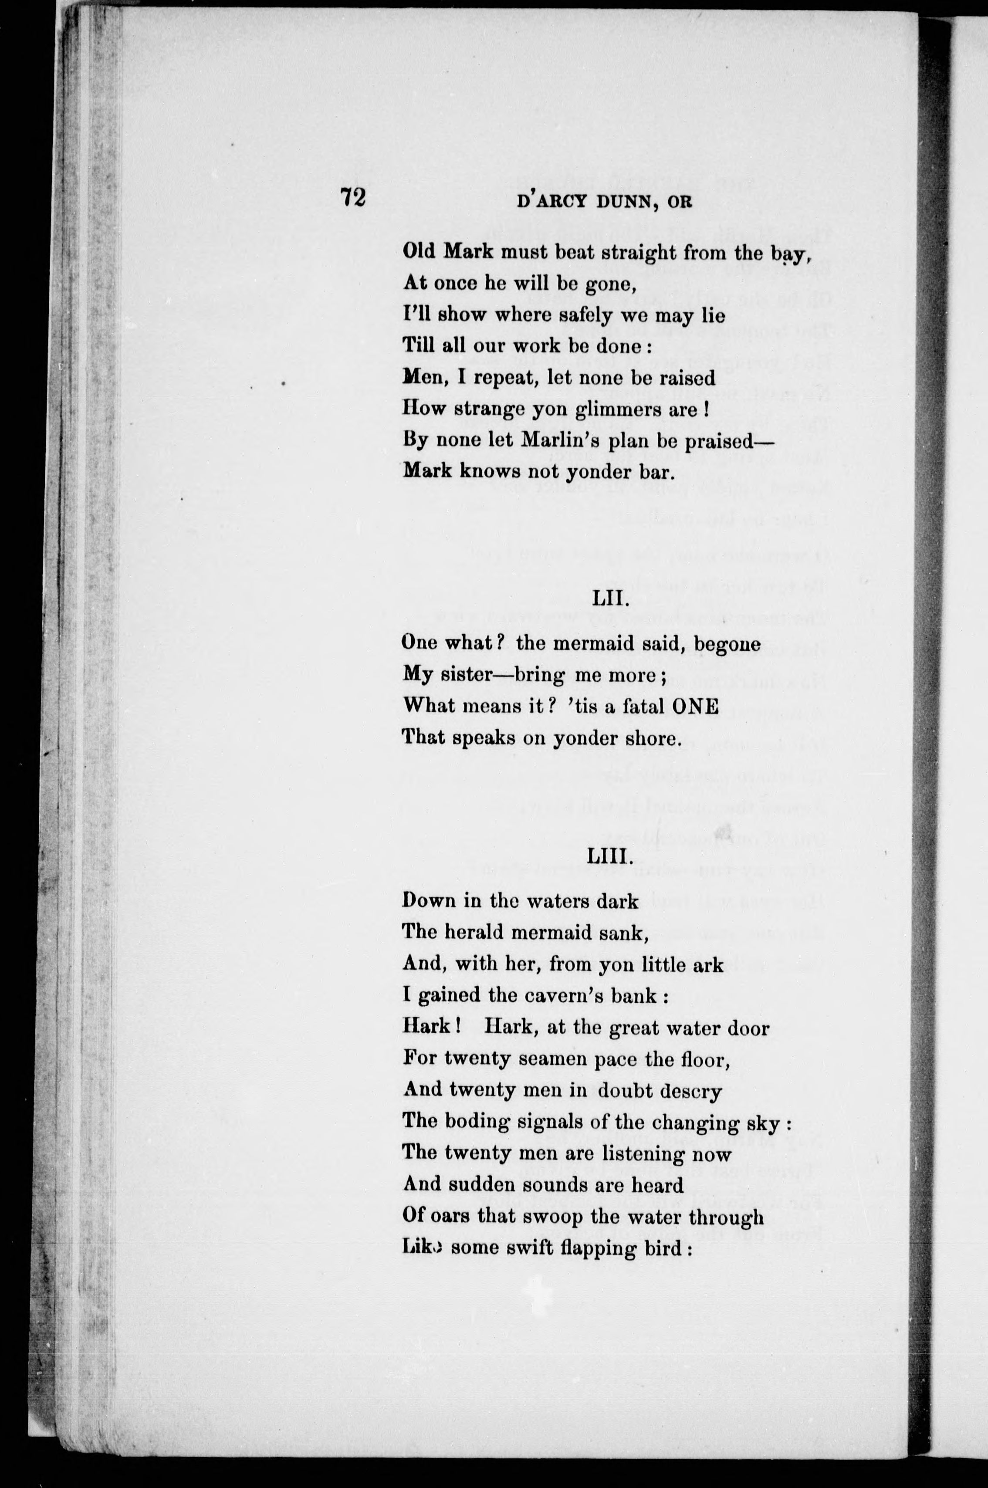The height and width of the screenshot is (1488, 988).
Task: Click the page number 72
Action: click(352, 197)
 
